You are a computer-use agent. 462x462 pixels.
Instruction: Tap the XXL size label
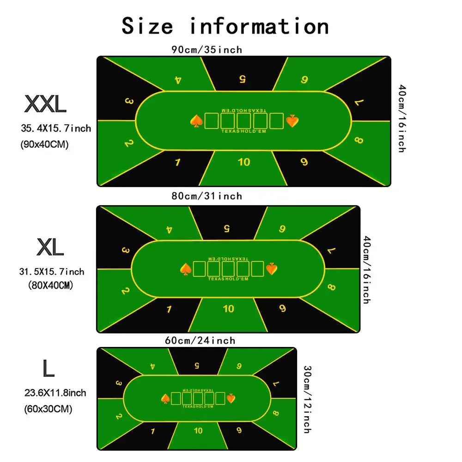[45, 104]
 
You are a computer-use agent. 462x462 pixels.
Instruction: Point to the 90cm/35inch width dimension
[207, 49]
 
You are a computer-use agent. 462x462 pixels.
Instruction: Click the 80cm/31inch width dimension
[207, 196]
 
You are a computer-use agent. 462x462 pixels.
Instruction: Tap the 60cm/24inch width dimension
[200, 341]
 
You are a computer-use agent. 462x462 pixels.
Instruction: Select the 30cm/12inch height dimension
[306, 400]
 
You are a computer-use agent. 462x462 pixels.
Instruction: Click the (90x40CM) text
[44, 145]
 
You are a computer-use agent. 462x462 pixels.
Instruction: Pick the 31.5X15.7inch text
[52, 272]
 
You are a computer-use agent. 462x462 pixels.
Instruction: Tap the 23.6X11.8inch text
[55, 393]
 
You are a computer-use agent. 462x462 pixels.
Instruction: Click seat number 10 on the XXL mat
[244, 162]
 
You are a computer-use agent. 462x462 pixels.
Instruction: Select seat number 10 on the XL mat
[229, 309]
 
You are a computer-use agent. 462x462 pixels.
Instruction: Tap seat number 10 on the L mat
[198, 431]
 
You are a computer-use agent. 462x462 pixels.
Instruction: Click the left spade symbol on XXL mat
[196, 121]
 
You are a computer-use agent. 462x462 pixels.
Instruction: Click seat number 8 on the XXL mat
[359, 140]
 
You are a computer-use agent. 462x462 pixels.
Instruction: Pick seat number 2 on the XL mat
[125, 291]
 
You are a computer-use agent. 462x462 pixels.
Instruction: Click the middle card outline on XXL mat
[244, 121]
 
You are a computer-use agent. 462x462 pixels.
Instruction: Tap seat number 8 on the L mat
[276, 413]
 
